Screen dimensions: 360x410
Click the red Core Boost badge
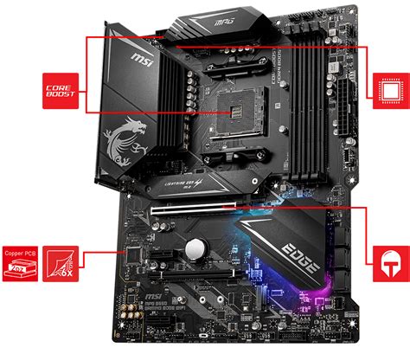[x=60, y=89]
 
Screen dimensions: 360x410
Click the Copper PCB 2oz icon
[x=20, y=260]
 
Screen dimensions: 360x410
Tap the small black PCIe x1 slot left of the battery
[x=164, y=251]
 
